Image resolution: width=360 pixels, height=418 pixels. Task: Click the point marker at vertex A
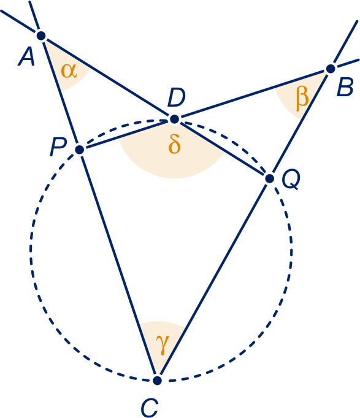pos(41,36)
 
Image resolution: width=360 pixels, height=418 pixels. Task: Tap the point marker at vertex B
pos(331,69)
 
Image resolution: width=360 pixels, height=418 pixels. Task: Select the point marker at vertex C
pos(158,380)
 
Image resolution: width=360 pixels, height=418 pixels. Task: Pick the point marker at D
pos(174,119)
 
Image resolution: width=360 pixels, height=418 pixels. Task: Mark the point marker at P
pos(80,150)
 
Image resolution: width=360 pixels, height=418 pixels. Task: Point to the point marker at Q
pos(270,178)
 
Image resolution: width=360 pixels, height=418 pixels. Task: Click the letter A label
pos(26,57)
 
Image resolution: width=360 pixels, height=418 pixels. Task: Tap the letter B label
pos(345,87)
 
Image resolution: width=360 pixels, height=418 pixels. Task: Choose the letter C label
pos(150,408)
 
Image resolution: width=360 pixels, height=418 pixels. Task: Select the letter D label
pos(176,98)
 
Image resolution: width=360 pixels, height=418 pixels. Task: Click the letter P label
pos(58,147)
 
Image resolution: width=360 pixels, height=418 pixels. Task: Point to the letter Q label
pos(291,180)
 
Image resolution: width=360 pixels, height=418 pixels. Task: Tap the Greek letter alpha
pos(69,71)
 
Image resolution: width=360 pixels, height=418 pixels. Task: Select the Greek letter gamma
pos(163,344)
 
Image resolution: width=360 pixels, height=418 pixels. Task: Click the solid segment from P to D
pos(127,135)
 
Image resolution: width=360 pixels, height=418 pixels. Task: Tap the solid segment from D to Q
pos(222,149)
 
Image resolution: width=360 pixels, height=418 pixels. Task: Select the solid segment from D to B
pos(253,94)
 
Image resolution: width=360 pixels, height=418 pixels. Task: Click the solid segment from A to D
pos(107,77)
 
